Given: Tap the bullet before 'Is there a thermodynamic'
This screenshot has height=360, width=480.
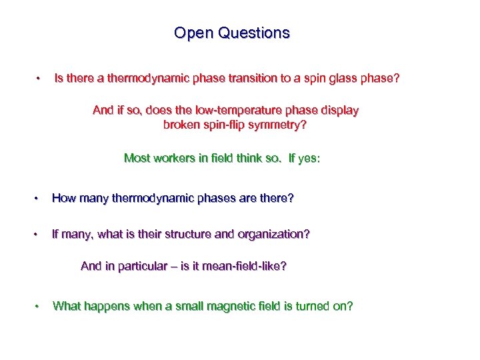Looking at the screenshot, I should click(40, 79).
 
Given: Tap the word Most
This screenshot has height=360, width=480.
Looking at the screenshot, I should click(136, 158).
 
